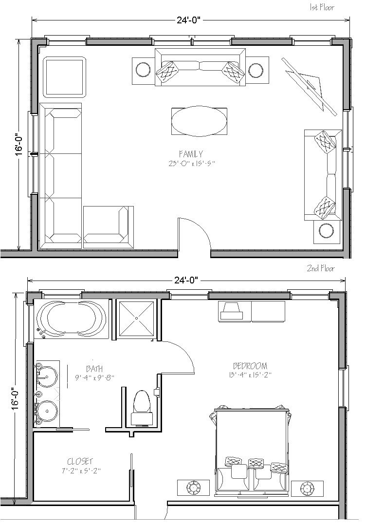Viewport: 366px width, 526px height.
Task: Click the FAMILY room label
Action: coord(191,154)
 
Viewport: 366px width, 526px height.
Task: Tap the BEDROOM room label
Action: coord(250,366)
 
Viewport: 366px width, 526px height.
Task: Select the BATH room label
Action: coord(94,369)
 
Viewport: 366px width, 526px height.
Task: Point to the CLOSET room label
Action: coord(80,461)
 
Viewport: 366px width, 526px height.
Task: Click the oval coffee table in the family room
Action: coord(199,121)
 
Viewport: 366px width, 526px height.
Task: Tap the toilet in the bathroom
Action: coord(141,402)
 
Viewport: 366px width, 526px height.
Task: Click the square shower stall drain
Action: coord(137,318)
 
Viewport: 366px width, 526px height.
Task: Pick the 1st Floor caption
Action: coord(322,7)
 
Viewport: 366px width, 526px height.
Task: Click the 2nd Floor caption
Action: coord(320,268)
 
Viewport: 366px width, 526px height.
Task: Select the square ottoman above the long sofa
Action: coord(64,77)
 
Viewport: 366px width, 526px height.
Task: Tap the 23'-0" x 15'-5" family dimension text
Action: coord(190,164)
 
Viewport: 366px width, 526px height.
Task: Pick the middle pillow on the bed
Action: coord(256,463)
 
